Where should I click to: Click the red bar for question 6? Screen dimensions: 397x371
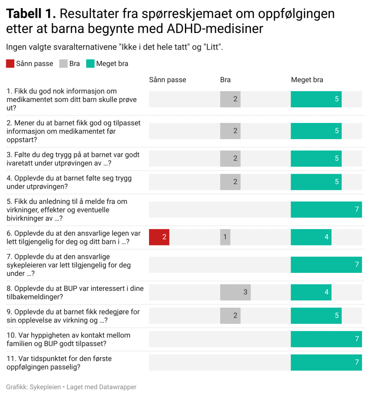click(x=159, y=237)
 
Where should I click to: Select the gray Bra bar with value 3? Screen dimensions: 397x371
click(x=235, y=292)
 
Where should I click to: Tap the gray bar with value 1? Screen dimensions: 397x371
click(x=225, y=237)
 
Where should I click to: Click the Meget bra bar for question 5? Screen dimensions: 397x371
click(x=326, y=210)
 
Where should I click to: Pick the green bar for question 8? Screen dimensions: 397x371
click(x=311, y=292)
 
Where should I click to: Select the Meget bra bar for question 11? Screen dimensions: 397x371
click(x=326, y=362)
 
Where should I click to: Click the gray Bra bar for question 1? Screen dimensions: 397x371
click(x=230, y=99)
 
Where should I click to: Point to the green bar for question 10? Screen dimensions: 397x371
click(x=326, y=339)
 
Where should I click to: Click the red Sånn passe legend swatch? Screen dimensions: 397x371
click(x=10, y=64)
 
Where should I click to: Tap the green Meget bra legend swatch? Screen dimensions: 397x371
click(x=90, y=64)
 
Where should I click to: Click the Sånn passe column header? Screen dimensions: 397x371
click(x=168, y=80)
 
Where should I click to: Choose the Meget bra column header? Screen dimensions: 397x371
click(x=307, y=80)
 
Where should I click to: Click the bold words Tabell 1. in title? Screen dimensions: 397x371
click(x=31, y=14)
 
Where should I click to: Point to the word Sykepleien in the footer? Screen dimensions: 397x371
click(x=49, y=387)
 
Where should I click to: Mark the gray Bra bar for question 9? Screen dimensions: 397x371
click(x=230, y=316)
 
